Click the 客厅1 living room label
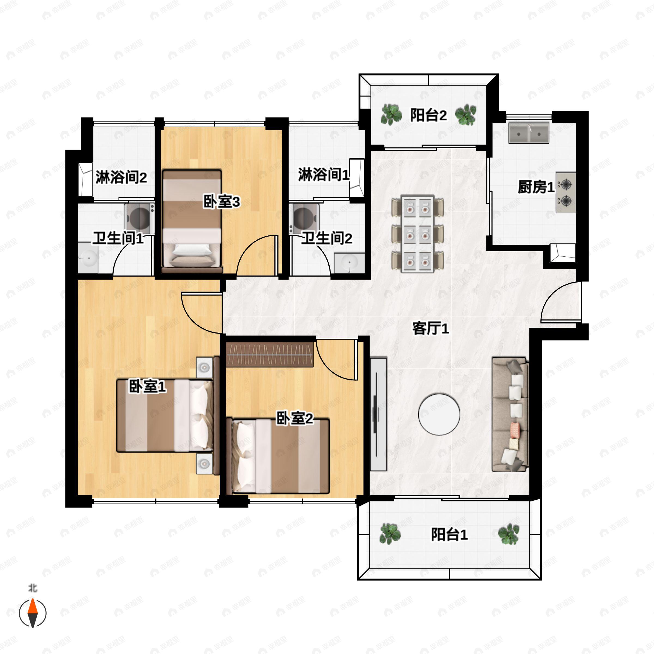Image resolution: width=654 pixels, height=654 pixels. click(430, 328)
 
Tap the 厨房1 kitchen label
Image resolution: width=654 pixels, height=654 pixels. click(536, 187)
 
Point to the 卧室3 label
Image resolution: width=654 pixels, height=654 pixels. click(221, 202)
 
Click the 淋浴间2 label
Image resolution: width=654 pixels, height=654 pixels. click(121, 177)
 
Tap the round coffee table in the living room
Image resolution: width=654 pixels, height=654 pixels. click(439, 414)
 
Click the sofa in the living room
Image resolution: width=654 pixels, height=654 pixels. click(510, 414)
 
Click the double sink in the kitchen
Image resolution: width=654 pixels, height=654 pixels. click(529, 133)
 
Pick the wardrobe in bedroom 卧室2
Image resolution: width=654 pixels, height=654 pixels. click(270, 355)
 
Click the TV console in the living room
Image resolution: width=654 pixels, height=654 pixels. click(378, 414)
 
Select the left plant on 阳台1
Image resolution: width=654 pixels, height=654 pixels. click(390, 534)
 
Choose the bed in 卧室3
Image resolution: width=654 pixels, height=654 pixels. click(192, 222)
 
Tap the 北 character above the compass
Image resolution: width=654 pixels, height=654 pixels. click(32, 588)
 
